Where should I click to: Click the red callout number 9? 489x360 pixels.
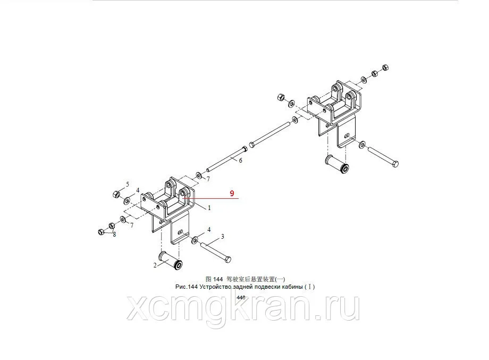coord(232,194)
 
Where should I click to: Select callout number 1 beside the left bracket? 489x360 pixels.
coord(209,208)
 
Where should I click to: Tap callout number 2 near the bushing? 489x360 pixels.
coord(155,265)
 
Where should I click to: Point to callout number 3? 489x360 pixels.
coord(222,237)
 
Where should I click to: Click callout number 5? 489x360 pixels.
coord(127,184)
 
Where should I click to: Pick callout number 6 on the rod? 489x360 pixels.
coord(240,161)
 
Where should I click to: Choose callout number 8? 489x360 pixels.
coord(114,235)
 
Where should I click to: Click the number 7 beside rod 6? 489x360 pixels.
coord(208,179)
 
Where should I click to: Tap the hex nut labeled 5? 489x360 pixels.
coord(116,194)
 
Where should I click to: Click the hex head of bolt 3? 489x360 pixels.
coord(227,259)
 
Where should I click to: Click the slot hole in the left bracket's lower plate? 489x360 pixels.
coord(180,232)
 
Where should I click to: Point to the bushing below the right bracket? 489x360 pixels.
coord(337,164)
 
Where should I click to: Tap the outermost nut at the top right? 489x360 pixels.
coord(385,68)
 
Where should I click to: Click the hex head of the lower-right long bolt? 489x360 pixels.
coord(394,164)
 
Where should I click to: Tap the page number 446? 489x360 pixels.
coord(241,298)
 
